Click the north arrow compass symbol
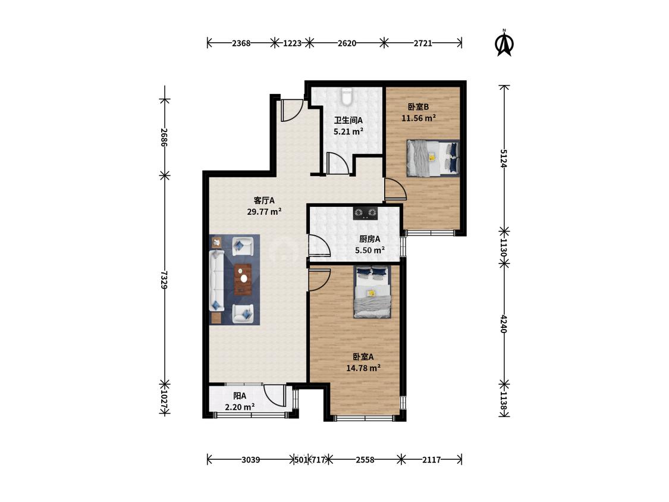click(x=504, y=43)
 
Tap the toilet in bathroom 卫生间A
click(x=347, y=96)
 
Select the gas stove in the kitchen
click(x=365, y=212)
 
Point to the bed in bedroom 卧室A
click(x=372, y=291)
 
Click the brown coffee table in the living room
click(x=243, y=279)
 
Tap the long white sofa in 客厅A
click(x=216, y=280)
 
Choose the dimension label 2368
click(x=241, y=43)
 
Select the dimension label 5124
click(x=504, y=158)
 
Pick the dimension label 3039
click(x=250, y=460)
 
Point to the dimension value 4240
click(x=504, y=324)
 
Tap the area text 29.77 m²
click(x=264, y=211)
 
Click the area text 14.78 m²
click(x=363, y=368)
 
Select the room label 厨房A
click(x=369, y=239)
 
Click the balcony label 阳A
click(x=240, y=396)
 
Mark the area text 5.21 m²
click(x=348, y=131)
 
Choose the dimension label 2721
click(x=423, y=43)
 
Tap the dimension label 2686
click(x=164, y=137)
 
